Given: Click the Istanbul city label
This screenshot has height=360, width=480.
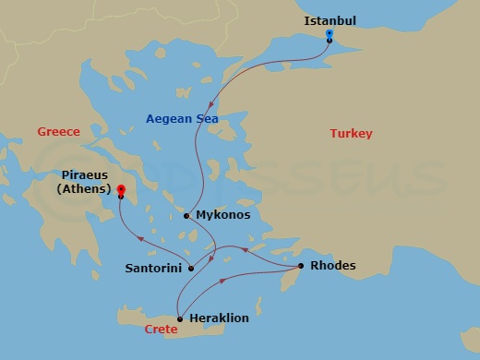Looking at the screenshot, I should point(330,20).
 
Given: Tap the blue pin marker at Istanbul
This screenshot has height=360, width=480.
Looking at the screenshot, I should point(330,35).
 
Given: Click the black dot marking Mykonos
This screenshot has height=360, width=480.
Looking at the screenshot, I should point(186,216).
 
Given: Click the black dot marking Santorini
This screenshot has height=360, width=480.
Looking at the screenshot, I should point(191,269).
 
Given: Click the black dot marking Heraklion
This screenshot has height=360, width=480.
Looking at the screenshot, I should point(179,318).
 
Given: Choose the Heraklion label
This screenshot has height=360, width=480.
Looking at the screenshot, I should point(219,318).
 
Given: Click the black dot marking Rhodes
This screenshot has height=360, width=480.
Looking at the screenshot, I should point(301,267).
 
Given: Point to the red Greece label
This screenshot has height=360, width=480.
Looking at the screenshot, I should point(58,132).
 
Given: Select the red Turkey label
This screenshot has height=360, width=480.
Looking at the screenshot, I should point(351,135).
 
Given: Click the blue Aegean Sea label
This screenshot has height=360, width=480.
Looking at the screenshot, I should point(180,117).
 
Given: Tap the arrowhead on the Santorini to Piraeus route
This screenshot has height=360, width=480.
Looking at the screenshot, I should point(141,239).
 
